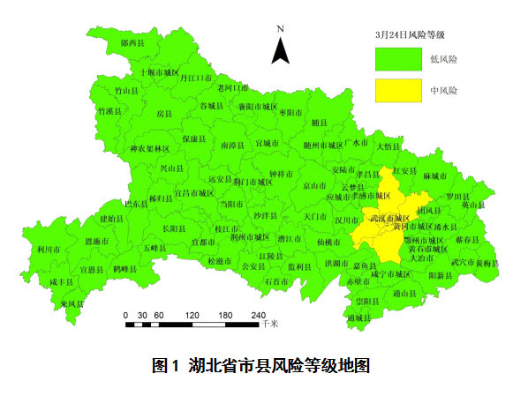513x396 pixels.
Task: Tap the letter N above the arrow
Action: coord(280,29)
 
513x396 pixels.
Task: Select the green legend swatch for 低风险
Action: coord(398,58)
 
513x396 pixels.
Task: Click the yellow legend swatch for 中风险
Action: coord(398,90)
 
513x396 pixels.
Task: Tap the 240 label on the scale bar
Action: coord(258,315)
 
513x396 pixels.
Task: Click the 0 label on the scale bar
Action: coord(126,315)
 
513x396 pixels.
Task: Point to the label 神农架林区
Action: coord(149,149)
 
